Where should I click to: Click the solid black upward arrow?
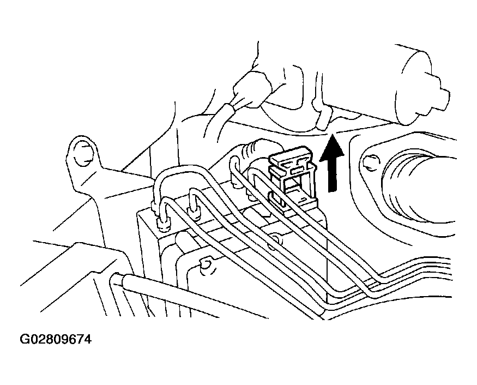coord(332,164)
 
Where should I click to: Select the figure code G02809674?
coord(56,339)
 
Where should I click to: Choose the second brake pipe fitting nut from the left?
coord(194,212)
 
